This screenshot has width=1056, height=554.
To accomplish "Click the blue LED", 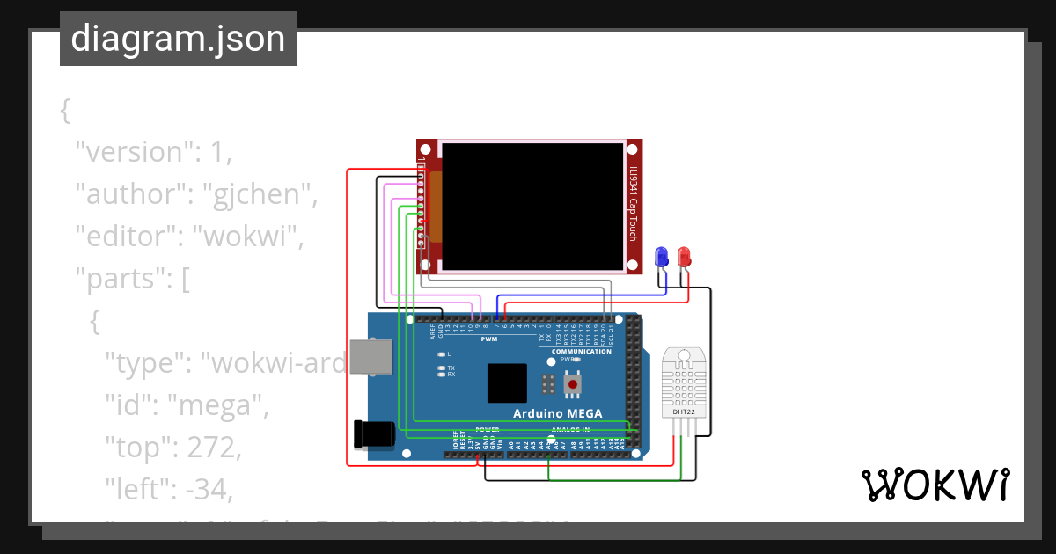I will (x=662, y=258).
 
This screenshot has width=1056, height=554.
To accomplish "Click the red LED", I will (x=684, y=258).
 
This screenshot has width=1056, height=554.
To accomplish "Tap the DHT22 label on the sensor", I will (x=684, y=411).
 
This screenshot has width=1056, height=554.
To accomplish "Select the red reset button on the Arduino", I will (x=573, y=384).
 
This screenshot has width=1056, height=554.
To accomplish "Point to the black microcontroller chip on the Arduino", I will (x=507, y=383).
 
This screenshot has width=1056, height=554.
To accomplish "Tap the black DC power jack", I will (x=370, y=434).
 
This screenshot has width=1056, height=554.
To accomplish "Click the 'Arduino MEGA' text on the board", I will (x=558, y=413).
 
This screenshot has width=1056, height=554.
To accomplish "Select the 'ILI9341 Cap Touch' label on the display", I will (x=632, y=205).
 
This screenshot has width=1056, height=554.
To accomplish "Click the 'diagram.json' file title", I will (x=178, y=39).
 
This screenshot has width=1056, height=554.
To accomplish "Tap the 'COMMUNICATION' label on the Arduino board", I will (x=581, y=352).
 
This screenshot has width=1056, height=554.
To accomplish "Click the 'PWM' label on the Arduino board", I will (x=489, y=339).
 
